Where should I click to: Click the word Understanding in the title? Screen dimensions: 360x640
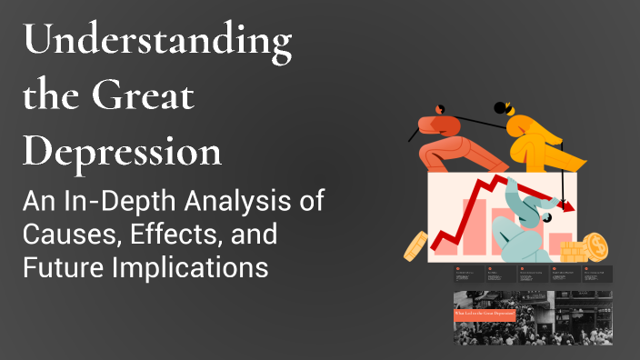tap(157, 42)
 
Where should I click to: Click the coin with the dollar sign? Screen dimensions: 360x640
tap(596, 245)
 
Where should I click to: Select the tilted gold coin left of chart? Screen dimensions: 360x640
tap(415, 244)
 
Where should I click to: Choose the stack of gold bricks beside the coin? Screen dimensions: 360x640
tap(573, 250)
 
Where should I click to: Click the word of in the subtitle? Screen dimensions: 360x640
tap(311, 201)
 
